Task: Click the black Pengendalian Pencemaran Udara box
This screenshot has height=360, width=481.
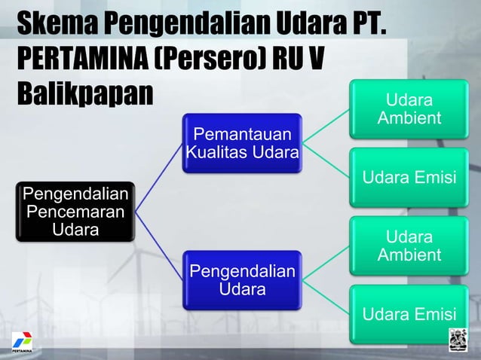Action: (75, 210)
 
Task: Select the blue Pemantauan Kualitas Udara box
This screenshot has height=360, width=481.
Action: (242, 143)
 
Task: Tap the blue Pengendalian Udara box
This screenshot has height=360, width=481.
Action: (242, 279)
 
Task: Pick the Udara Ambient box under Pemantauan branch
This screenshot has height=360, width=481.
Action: (409, 110)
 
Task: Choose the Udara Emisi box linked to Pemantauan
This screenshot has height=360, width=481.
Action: (409, 178)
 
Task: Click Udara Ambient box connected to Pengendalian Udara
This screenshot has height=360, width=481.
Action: (409, 246)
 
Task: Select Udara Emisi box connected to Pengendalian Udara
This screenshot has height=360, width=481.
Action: (409, 314)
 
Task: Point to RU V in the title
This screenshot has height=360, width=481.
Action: (293, 61)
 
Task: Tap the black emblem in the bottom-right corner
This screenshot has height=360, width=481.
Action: (459, 340)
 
